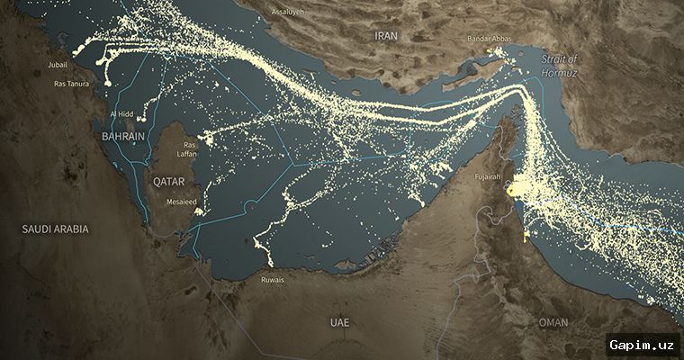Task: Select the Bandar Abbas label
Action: (490, 39)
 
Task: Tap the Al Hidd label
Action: (121, 114)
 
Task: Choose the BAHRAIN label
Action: (124, 135)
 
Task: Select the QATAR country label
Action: (168, 181)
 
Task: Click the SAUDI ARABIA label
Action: (56, 229)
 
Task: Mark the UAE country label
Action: (340, 321)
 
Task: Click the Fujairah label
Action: (488, 177)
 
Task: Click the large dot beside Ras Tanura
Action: (108, 83)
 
